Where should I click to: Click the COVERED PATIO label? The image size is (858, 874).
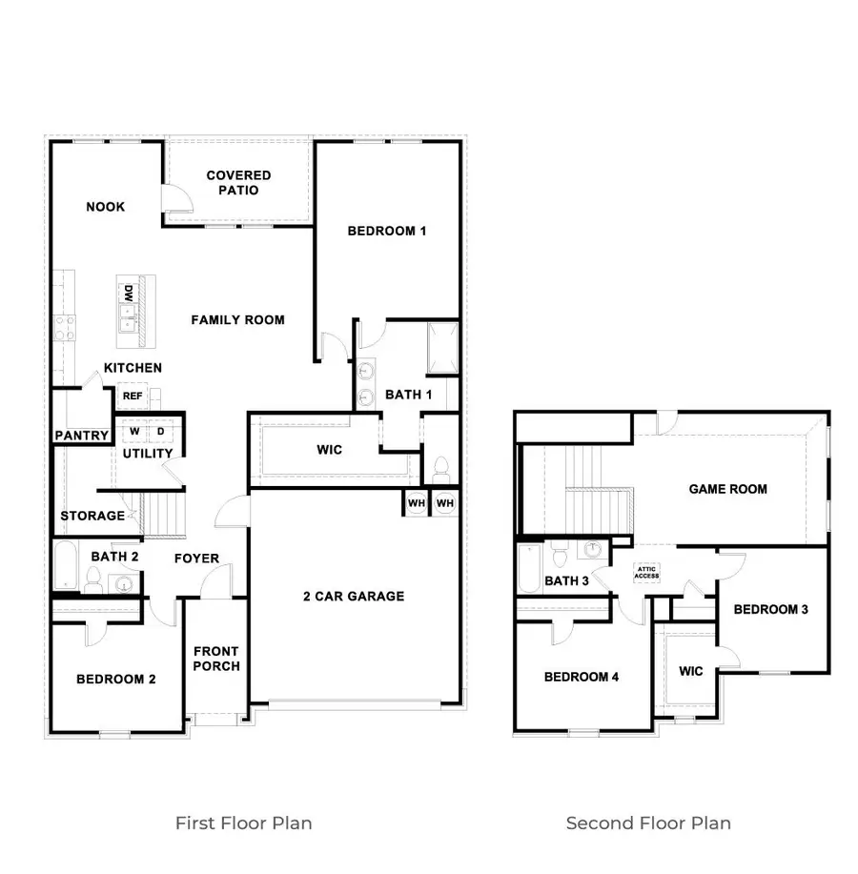tap(238, 182)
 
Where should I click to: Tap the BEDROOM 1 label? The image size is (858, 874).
tap(386, 231)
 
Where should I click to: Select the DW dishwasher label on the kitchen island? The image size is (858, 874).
tap(126, 291)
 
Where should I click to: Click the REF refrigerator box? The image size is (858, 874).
tap(132, 396)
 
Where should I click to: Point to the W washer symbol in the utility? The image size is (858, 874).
tap(134, 432)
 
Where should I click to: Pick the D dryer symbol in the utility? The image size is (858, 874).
tap(160, 432)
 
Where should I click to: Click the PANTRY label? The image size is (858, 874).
tap(81, 436)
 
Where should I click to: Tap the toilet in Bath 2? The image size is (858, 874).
tap(93, 578)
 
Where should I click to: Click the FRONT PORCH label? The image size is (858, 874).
tap(215, 659)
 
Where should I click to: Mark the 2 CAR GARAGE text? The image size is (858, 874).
tap(354, 597)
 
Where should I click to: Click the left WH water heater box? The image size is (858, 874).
tap(416, 501)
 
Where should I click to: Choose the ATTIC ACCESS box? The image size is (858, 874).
tap(647, 573)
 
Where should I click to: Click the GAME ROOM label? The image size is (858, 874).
tap(727, 489)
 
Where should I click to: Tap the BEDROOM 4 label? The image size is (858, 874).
tap(582, 677)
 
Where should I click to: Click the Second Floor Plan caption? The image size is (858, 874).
tap(648, 823)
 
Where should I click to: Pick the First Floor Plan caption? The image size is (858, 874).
tap(243, 823)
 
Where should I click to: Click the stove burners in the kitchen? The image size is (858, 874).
tap(65, 328)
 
